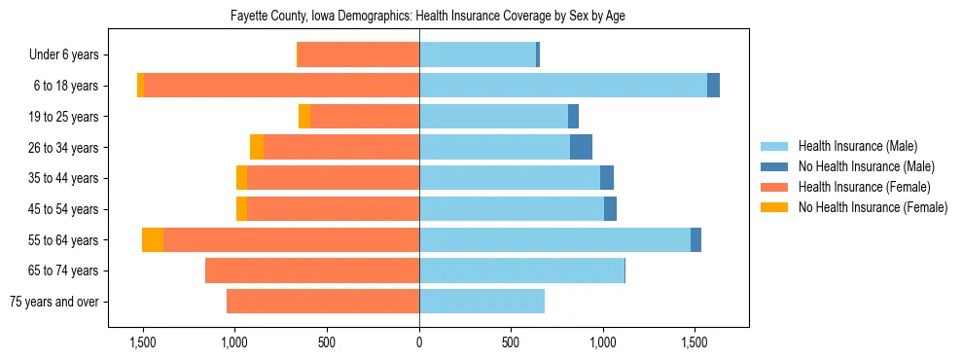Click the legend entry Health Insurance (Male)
coord(857,146)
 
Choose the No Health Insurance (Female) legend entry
coord(873,207)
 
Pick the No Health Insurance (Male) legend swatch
coord(774,166)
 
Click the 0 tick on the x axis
coord(419,342)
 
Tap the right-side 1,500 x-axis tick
coord(695,342)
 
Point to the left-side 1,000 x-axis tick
coord(235,342)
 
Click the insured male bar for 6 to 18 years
coord(562,86)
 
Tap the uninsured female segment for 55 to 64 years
coord(153,239)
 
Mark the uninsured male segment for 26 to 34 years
coord(581,147)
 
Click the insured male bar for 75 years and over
coord(481,302)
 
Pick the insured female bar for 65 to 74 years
coord(312,270)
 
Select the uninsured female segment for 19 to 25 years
coord(304,117)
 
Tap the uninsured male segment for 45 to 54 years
coord(610,209)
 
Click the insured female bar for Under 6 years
coord(358,55)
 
